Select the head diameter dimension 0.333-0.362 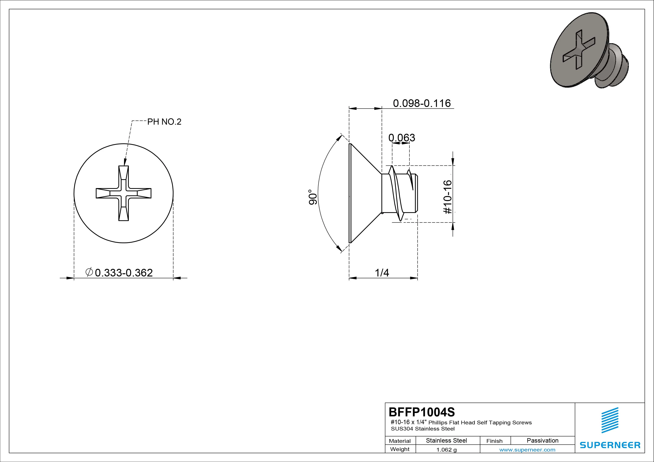pos(124,273)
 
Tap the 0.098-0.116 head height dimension pos(422,103)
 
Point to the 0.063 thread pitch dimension pos(402,138)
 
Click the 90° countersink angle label pos(313,197)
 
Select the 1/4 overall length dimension pos(382,273)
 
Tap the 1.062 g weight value pos(446,450)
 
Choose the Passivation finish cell pos(542,440)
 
